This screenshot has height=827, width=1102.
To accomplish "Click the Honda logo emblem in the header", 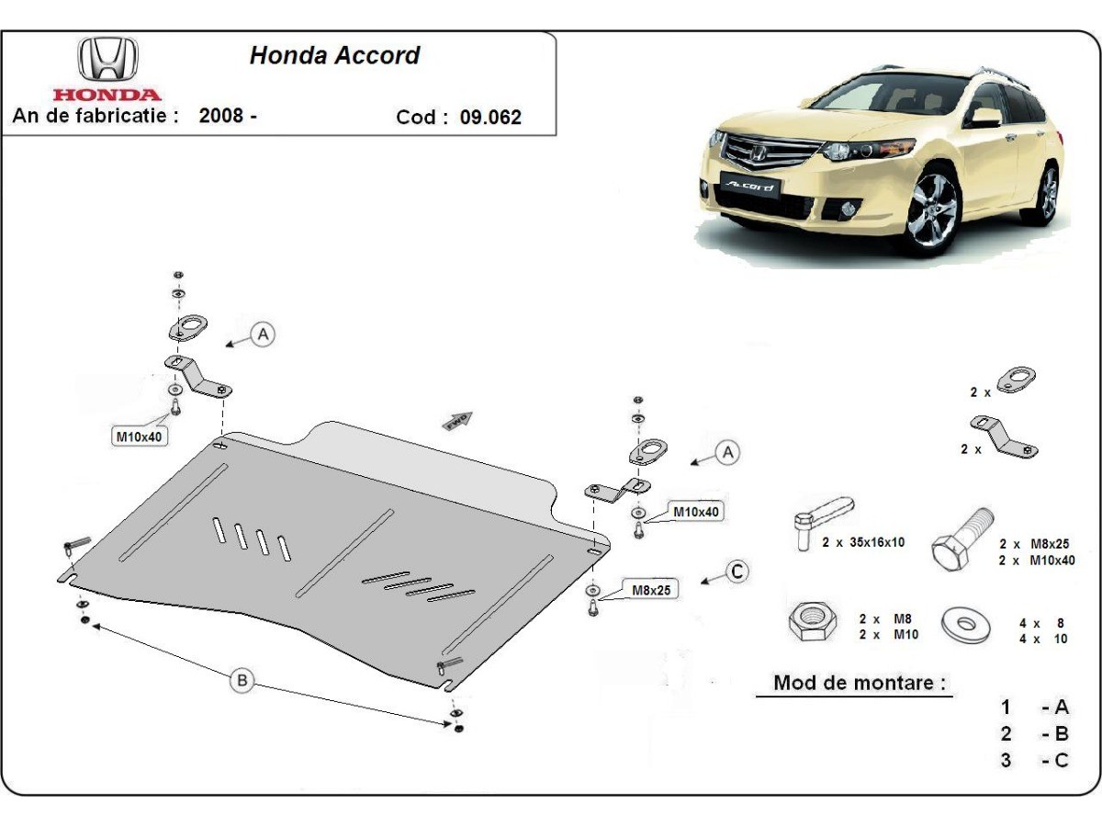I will tap(107, 61).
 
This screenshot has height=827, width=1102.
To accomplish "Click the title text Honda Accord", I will tap(334, 55).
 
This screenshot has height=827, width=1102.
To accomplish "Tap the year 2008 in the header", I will tap(221, 117).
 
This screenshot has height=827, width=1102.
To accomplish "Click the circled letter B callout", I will tap(242, 680).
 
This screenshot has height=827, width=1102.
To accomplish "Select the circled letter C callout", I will tap(737, 572).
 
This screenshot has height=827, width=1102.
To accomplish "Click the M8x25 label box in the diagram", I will tap(650, 590).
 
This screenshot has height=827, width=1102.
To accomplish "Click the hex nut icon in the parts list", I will tap(812, 624).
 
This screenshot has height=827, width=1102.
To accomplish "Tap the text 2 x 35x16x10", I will tap(863, 542).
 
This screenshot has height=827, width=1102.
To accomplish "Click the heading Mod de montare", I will tap(859, 683).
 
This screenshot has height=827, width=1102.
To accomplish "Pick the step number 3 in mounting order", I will tap(1006, 760).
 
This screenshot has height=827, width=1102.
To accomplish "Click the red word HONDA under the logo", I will tap(107, 95).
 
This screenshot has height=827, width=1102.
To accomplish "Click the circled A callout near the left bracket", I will tap(264, 335).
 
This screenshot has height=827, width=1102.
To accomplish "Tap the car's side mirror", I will tap(986, 117).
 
